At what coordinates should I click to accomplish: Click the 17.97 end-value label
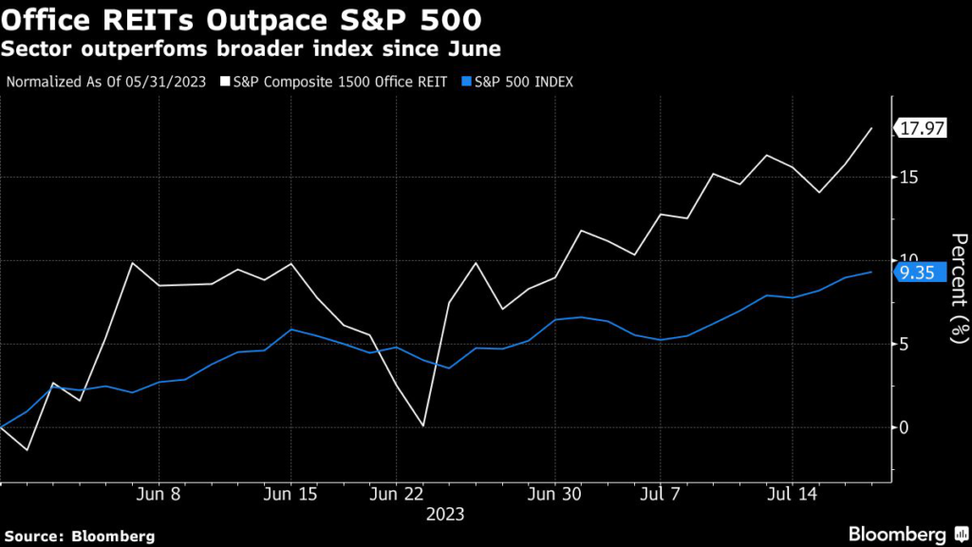pyautogui.click(x=922, y=129)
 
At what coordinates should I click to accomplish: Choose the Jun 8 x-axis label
pyautogui.click(x=159, y=495)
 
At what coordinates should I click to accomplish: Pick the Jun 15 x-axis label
pyautogui.click(x=290, y=495)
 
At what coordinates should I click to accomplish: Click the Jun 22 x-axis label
pyautogui.click(x=395, y=495)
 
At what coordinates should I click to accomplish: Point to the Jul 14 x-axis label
pyautogui.click(x=791, y=495)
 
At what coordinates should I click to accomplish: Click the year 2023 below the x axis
pyautogui.click(x=444, y=514)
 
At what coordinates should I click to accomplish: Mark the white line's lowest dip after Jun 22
pyautogui.click(x=422, y=425)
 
